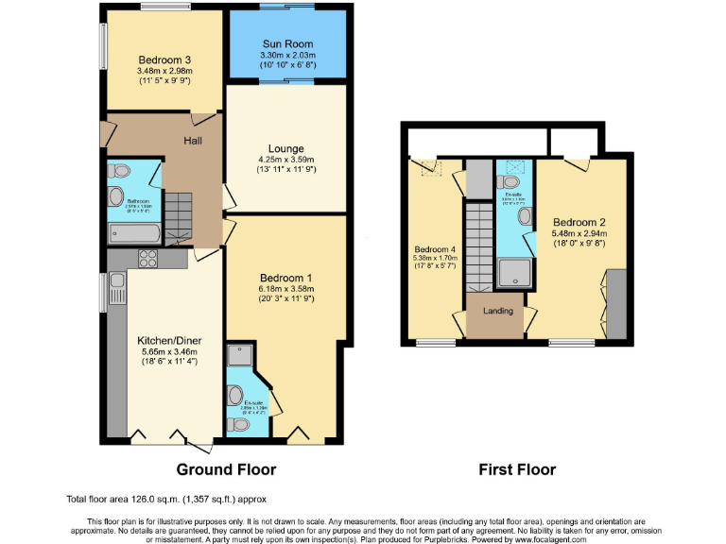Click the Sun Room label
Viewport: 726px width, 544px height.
point(286,43)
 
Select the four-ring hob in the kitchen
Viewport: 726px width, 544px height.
point(149,257)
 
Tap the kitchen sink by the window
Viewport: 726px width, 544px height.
point(117,280)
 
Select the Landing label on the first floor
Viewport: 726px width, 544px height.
point(496,312)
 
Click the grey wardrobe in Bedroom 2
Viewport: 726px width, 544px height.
point(616,302)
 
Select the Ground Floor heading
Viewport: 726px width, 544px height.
point(226,469)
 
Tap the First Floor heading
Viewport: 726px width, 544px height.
point(516,469)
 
